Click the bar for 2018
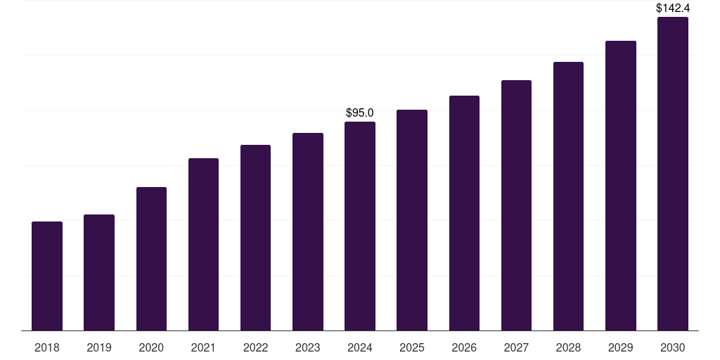(47, 276)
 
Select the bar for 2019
(99, 272)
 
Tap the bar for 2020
(151, 259)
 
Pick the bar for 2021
(203, 244)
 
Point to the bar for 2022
(255, 238)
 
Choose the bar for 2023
(308, 231)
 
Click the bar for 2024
(360, 226)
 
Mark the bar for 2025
(412, 220)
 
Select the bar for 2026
(464, 213)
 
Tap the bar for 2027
(516, 205)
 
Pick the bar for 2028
(568, 196)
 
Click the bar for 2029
(621, 186)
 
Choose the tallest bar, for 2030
(673, 174)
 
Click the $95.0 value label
(360, 112)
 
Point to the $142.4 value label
(673, 8)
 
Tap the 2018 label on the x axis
(47, 347)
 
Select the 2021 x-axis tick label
(203, 347)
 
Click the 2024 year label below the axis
(360, 347)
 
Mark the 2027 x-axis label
(516, 347)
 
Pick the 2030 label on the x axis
(673, 347)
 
